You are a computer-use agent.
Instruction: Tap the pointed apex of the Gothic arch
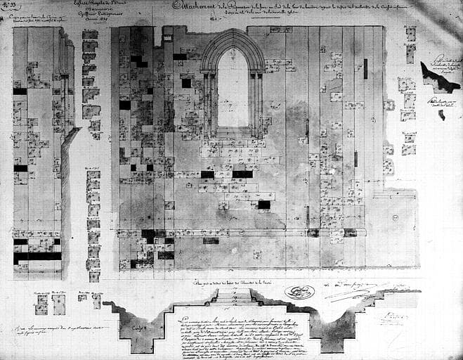coord(233,30)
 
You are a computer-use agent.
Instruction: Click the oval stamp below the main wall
coord(299,292)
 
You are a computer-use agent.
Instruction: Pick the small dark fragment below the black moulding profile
coord(441,114)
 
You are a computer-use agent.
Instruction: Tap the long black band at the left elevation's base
coord(37,257)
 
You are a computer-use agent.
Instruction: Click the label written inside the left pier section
coord(140,328)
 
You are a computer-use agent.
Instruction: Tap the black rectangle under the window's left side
coord(207,174)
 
